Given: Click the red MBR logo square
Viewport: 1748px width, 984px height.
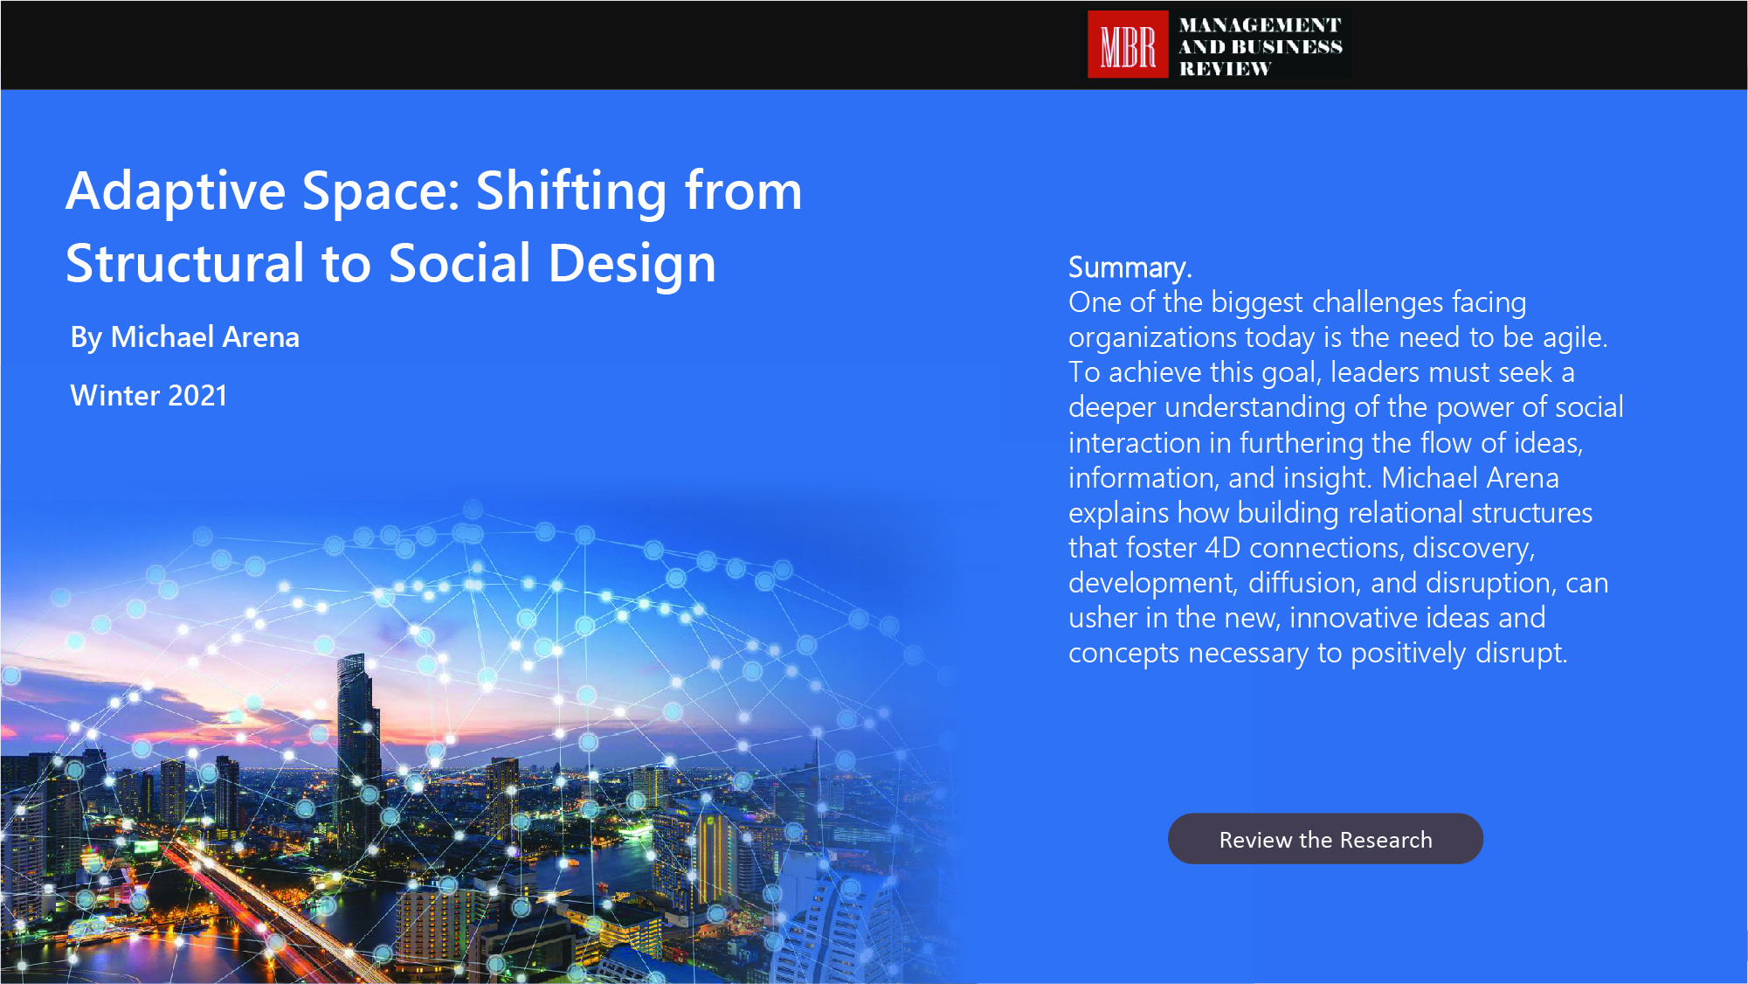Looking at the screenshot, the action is pos(1127,45).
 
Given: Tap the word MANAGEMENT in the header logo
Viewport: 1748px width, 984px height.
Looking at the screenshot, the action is pos(1260,25).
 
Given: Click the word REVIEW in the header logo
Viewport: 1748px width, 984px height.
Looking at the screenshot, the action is pos(1225,68).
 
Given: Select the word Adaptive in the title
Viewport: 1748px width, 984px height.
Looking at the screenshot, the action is pos(176,192).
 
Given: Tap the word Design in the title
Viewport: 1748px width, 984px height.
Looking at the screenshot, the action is pos(632,265).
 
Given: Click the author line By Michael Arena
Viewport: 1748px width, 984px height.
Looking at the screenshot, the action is pos(184,337).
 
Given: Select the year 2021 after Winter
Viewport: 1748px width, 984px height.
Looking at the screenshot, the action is pos(197,396).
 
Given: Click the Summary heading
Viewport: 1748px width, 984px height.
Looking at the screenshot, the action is pos(1130,267).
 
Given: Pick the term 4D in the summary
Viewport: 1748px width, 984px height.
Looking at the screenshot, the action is pos(1222,548).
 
